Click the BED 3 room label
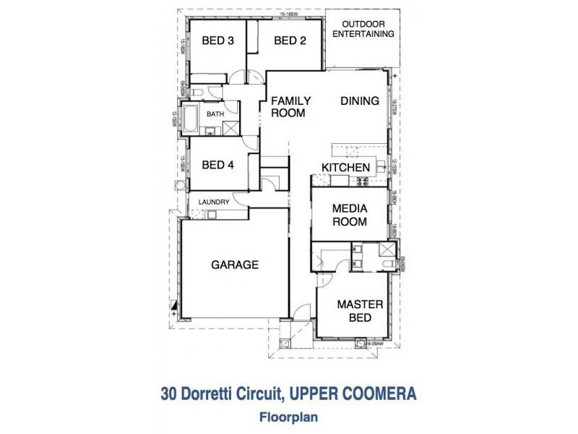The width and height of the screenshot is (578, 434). [217, 41]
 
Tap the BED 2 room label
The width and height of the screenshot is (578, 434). [290, 41]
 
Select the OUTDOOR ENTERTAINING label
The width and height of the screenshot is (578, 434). [368, 28]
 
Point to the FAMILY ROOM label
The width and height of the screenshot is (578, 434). [290, 107]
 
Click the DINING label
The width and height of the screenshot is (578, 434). [360, 101]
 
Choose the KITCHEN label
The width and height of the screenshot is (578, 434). [346, 168]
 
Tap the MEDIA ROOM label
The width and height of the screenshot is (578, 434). [350, 215]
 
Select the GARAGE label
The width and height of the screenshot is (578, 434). [235, 265]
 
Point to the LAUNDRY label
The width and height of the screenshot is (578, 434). [215, 202]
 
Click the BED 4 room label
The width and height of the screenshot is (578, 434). [217, 165]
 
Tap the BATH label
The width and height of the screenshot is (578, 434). [215, 115]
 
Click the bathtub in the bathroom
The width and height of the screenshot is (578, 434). [191, 119]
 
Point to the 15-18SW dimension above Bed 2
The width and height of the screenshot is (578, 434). [290, 14]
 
